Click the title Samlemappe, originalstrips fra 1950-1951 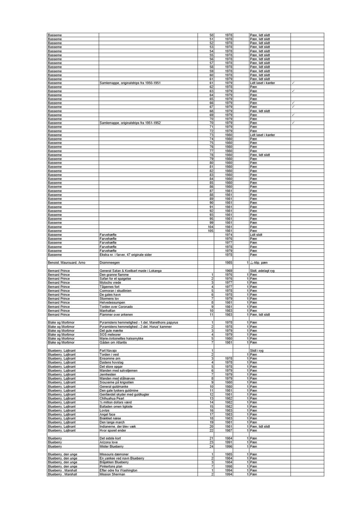click(130, 83)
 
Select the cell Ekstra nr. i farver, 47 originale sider click(126, 255)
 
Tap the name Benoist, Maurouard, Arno click(66, 263)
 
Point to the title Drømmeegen click(109, 263)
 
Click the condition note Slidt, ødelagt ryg click(262, 271)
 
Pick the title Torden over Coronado click(116, 307)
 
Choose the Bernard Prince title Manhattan click(107, 311)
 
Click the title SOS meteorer click(110, 335)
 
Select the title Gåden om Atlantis click(113, 343)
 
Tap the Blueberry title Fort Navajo click(108, 351)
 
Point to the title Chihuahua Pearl click(112, 398)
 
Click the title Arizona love click(108, 442)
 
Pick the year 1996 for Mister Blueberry click(228, 446)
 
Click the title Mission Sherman click(112, 475)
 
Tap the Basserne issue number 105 click(210, 231)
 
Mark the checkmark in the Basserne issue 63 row click(293, 91)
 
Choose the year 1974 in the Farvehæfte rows click(228, 235)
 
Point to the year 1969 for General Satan click(228, 271)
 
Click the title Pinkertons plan click(111, 466)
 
